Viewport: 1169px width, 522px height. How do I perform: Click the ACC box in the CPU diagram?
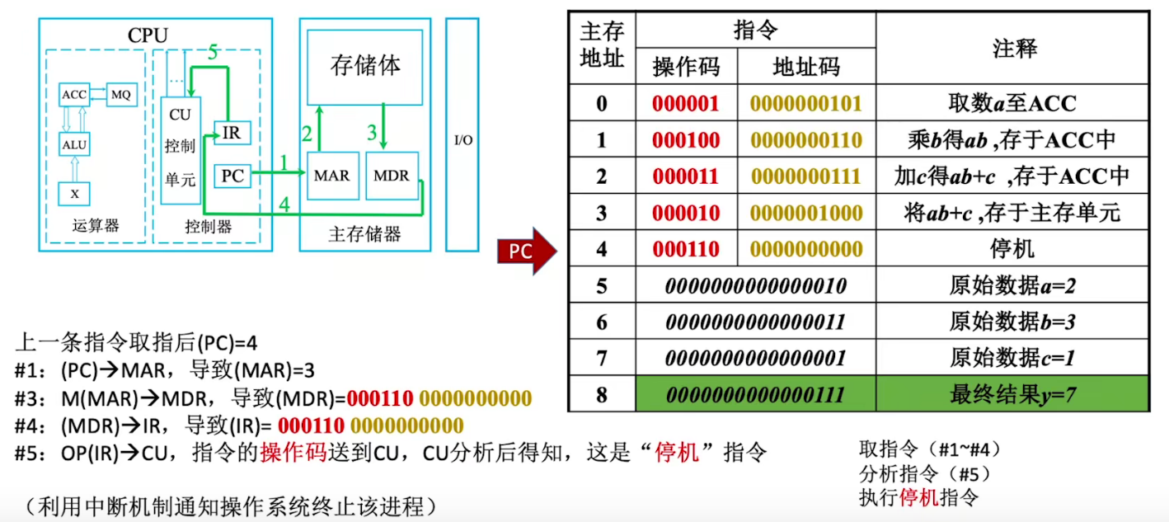click(74, 95)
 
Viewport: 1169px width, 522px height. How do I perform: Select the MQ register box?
click(121, 95)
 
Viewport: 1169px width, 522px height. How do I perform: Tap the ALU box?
click(74, 144)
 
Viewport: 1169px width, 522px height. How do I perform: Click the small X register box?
click(74, 194)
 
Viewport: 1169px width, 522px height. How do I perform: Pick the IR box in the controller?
click(232, 133)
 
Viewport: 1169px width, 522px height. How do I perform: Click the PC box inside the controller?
click(232, 176)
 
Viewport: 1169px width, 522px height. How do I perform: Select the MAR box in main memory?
click(332, 176)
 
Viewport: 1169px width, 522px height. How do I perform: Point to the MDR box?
click(392, 176)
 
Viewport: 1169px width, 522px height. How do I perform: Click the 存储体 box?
click(364, 67)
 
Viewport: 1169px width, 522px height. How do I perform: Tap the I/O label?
click(463, 140)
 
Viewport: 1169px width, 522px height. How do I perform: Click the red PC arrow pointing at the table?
click(527, 251)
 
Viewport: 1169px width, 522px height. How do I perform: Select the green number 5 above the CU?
click(213, 52)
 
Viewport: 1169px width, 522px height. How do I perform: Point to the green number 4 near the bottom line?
click(284, 205)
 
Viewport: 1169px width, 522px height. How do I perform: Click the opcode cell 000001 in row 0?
click(686, 103)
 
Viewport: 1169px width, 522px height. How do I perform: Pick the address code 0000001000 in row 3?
click(806, 213)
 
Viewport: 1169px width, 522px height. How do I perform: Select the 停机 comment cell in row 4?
click(1012, 249)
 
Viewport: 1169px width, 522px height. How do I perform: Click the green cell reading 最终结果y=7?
click(1012, 394)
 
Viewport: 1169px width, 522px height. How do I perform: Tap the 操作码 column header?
click(686, 67)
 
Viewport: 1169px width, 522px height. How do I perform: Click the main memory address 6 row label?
click(602, 322)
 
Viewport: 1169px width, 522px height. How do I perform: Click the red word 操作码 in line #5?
click(293, 453)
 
